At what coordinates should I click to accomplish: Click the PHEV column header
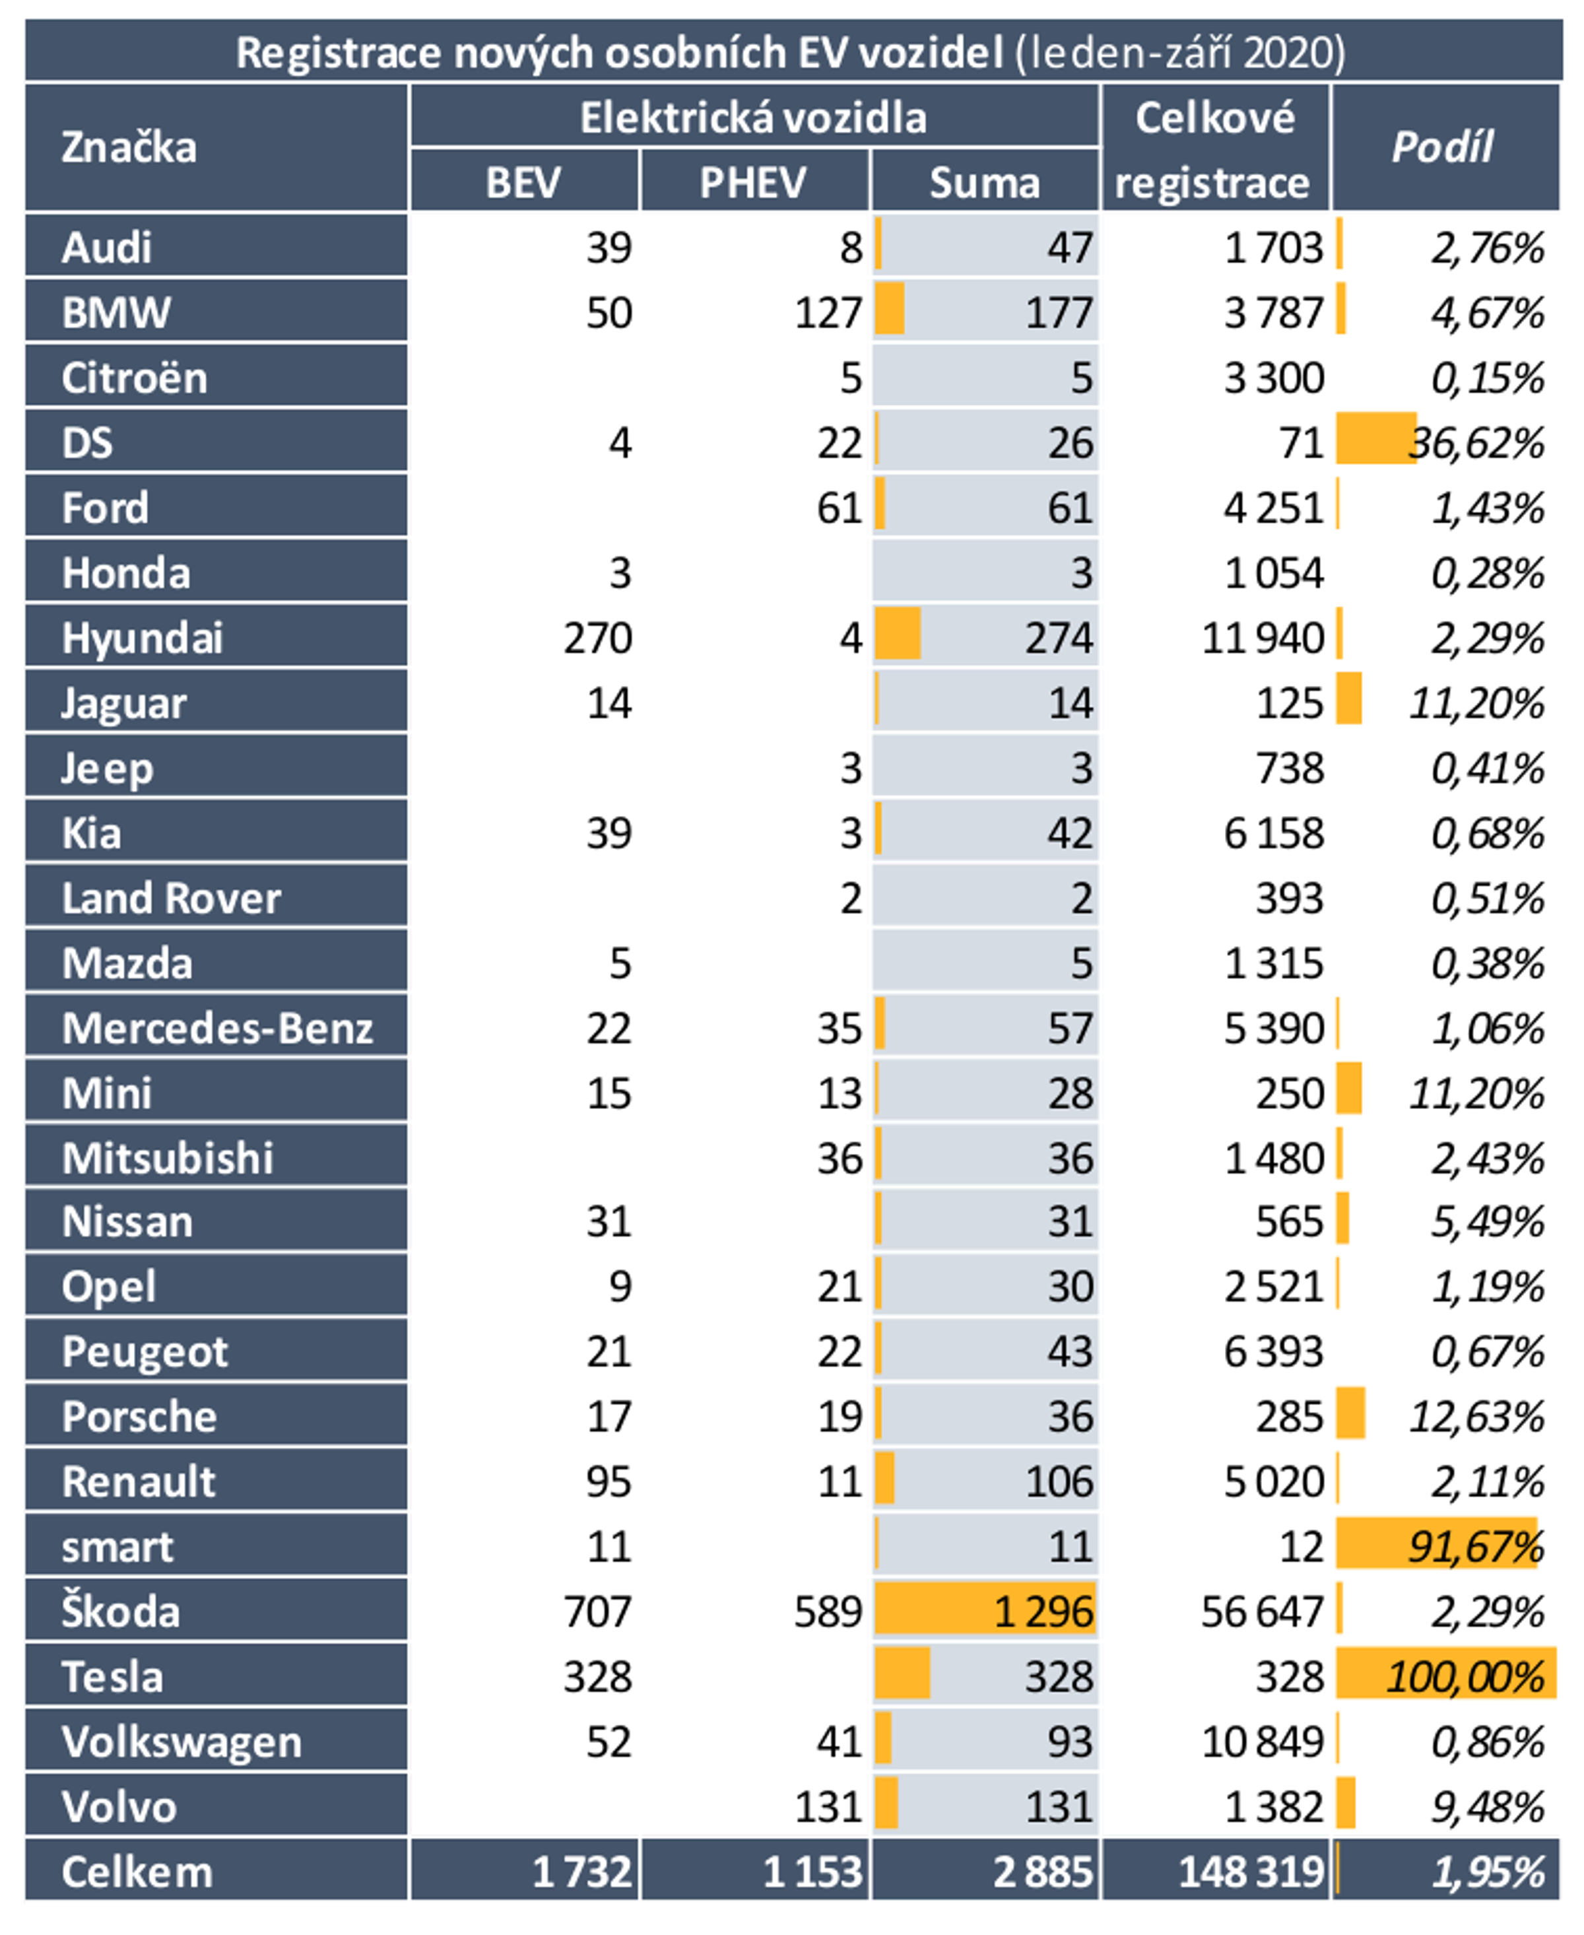753,183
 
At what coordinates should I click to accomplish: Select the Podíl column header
1443,147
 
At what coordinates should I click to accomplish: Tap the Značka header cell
129,148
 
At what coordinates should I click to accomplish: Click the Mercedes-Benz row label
217,1028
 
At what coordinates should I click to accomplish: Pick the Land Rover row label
171,898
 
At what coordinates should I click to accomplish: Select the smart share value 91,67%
1475,1547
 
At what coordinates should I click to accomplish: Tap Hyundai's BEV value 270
598,638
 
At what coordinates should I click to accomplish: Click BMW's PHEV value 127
828,313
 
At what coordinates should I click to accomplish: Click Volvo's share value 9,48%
1487,1807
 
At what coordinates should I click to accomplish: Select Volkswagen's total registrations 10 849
1262,1742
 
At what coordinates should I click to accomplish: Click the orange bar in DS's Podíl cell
1374,439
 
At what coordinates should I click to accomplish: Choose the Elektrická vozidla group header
753,118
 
